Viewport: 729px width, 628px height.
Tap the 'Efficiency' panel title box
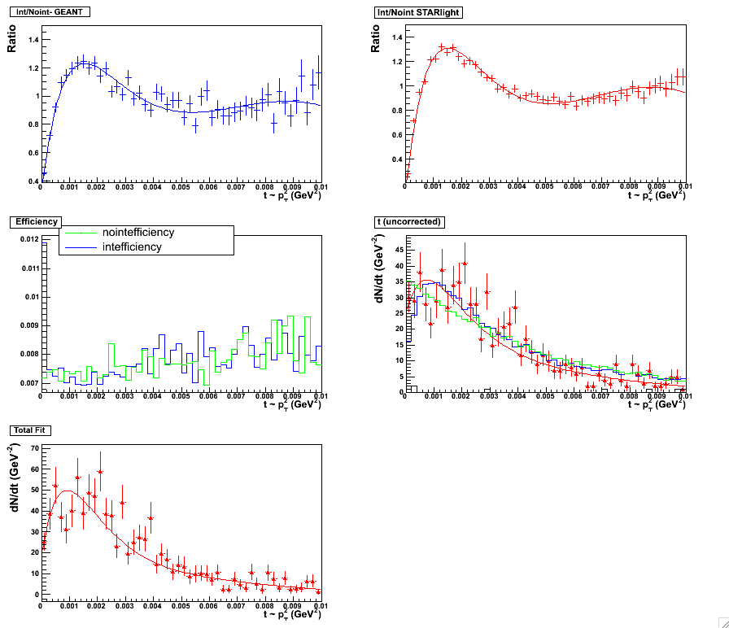33,221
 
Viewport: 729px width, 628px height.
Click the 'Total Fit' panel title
29,430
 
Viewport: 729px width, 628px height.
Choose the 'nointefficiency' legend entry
138,233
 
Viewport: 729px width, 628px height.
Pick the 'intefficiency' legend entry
132,246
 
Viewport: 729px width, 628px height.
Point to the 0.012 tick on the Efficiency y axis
27,239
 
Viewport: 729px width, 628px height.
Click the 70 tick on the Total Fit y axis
33,448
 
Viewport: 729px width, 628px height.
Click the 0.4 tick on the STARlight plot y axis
397,159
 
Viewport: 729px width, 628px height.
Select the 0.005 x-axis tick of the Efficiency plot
181,396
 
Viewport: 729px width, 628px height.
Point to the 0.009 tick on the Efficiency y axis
27,325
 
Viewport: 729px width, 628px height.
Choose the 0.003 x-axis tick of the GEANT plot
124,188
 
